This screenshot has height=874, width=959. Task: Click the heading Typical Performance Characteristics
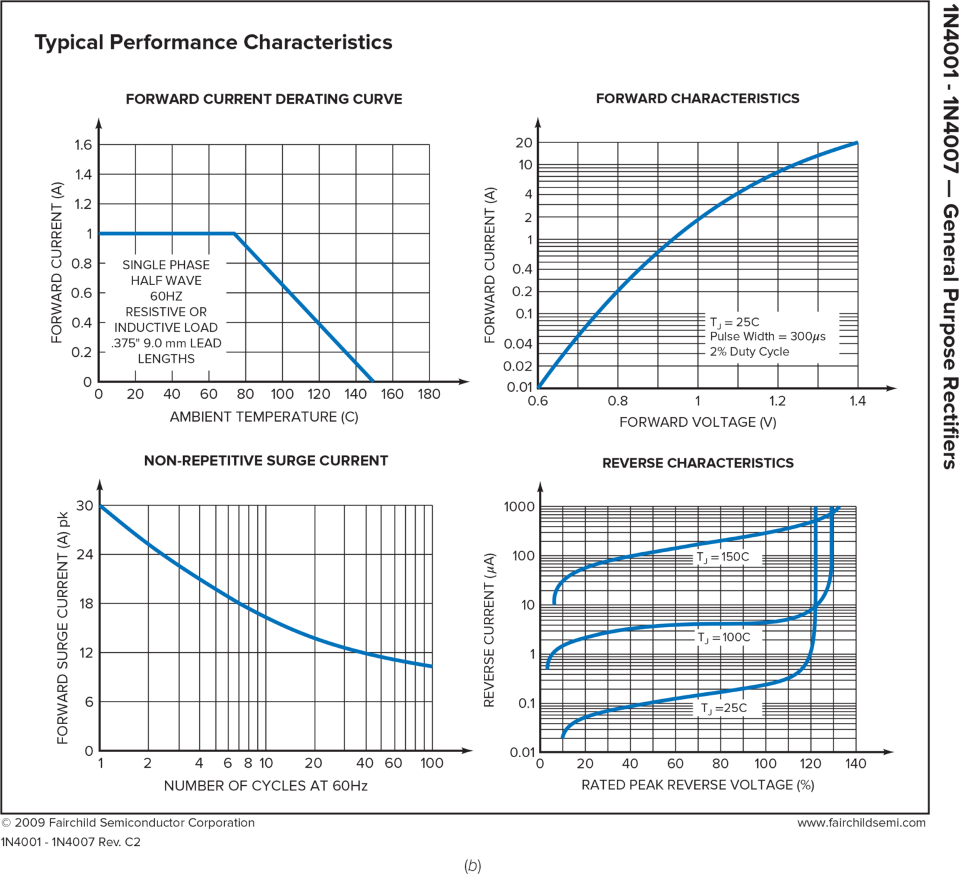(x=213, y=42)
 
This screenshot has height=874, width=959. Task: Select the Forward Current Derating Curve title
(x=263, y=99)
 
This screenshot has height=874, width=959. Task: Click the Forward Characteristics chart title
(x=697, y=98)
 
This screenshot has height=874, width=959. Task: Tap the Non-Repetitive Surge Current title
(x=266, y=460)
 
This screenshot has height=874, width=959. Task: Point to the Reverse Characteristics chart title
(x=697, y=463)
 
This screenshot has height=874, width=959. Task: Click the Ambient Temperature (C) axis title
(x=263, y=417)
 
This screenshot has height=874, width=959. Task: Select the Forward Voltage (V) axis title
(x=697, y=422)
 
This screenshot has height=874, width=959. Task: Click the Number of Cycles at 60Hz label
(x=265, y=785)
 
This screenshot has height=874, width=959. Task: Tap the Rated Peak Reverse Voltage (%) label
(x=697, y=785)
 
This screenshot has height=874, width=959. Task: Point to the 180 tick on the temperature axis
(x=429, y=394)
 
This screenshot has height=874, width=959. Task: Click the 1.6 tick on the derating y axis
(x=83, y=145)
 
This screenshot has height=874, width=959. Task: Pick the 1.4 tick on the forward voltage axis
(x=857, y=400)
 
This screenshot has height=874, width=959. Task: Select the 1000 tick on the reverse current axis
(x=519, y=507)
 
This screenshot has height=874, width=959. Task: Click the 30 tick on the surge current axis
(x=85, y=505)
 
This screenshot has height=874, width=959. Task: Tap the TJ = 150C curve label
(x=723, y=557)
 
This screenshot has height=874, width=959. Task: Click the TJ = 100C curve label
(x=724, y=637)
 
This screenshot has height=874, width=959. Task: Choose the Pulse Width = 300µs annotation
(x=767, y=336)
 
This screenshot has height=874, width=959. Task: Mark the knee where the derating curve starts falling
(x=235, y=234)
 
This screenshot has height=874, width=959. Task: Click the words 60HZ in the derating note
(x=165, y=296)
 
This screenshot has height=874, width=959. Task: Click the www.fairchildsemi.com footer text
(x=861, y=823)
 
